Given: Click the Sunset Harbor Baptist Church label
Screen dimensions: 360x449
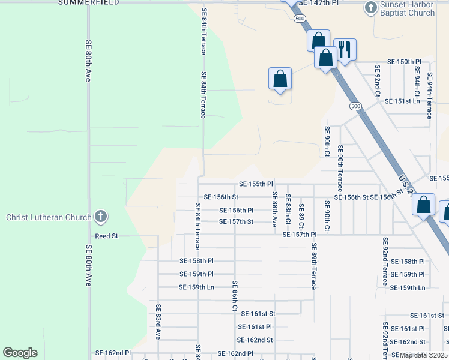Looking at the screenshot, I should [408, 9].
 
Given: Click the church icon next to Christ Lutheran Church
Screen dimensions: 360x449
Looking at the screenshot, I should [101, 217].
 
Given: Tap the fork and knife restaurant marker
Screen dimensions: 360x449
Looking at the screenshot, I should [344, 49].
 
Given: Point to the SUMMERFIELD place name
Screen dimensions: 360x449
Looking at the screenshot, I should [89, 2].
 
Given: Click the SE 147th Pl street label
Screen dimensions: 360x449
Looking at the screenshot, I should [318, 3].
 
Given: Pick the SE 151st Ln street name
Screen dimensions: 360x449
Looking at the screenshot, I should [405, 101].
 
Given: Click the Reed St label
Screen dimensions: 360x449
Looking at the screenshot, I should [106, 236].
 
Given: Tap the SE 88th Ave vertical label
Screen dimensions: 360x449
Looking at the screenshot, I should [275, 209].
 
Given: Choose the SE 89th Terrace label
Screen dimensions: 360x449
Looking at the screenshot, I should [313, 265].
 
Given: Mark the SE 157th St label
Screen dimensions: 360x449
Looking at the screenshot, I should [236, 221].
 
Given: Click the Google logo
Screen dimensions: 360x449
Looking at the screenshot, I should [20, 353].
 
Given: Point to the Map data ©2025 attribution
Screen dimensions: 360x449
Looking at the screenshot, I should [424, 355].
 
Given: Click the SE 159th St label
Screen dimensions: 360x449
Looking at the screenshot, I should [197, 274].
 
